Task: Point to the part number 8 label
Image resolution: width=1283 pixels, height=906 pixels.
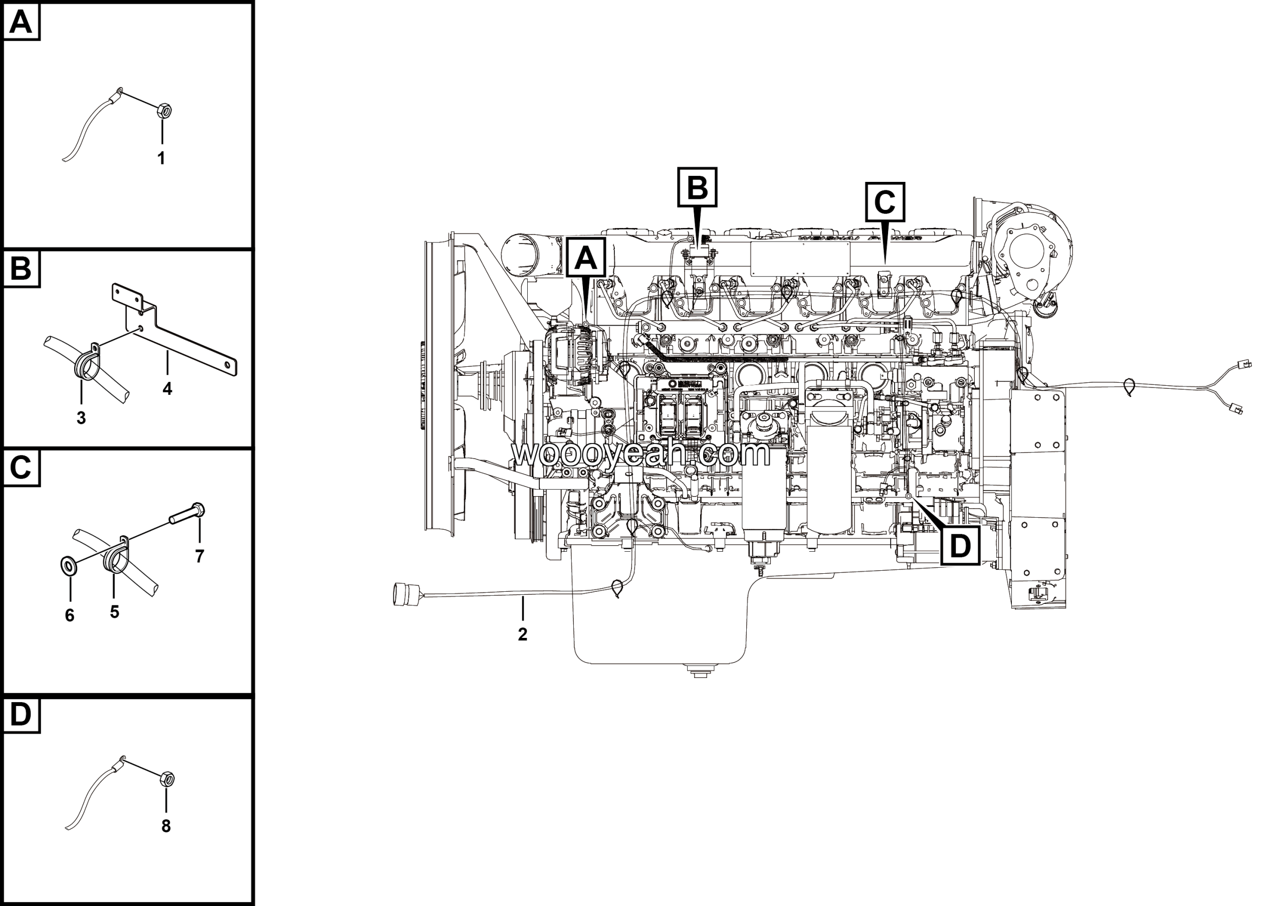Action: pos(165,826)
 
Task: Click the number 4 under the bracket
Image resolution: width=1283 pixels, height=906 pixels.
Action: pos(167,389)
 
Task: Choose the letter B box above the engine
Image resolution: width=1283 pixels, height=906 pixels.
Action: pos(697,187)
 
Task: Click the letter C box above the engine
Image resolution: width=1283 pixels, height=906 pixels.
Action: pos(885,201)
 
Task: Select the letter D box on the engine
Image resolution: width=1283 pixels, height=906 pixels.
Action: pos(960,546)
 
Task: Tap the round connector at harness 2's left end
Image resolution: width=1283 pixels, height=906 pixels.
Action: pos(403,594)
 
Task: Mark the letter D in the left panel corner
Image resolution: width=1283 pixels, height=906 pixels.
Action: pos(21,715)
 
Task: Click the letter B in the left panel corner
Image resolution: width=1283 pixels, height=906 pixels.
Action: pos(21,269)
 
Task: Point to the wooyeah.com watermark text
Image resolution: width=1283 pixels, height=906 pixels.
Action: pos(641,454)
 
